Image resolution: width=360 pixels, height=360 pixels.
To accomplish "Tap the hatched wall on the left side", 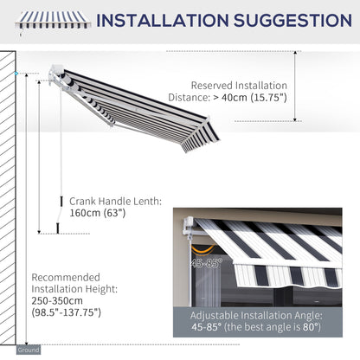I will point(9,199).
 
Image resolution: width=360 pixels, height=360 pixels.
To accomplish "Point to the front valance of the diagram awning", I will point(198,138).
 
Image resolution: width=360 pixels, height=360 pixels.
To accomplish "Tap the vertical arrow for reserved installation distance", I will point(295,87).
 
